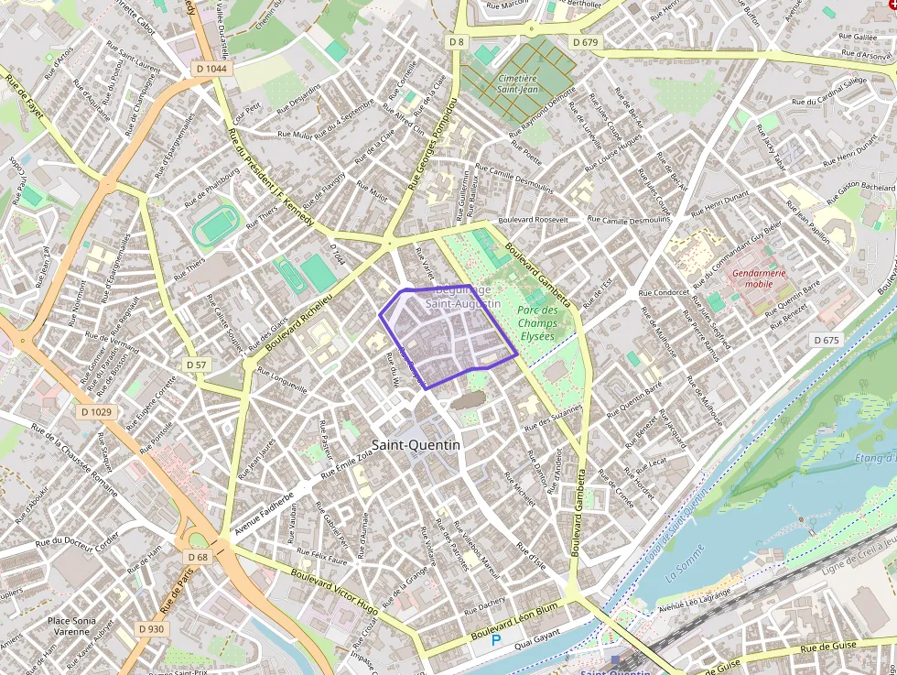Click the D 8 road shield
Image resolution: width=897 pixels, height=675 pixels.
click(457, 42)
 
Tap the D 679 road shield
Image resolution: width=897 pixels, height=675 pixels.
click(585, 42)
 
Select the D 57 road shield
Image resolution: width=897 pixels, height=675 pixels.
click(196, 365)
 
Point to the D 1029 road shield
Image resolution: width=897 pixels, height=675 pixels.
click(96, 412)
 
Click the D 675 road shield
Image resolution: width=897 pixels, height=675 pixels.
click(826, 340)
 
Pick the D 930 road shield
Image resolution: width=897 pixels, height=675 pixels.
click(152, 629)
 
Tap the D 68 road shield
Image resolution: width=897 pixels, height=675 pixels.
click(198, 557)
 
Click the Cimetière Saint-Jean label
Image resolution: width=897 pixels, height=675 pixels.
click(517, 83)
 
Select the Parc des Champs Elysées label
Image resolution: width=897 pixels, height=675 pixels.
click(536, 322)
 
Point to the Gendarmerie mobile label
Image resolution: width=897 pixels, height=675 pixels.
click(759, 278)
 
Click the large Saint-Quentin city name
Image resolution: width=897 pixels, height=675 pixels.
click(416, 444)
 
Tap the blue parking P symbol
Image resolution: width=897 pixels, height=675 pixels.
click(497, 641)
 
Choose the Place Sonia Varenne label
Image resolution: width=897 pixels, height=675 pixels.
click(70, 626)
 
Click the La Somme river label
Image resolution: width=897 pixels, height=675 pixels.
click(684, 574)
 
